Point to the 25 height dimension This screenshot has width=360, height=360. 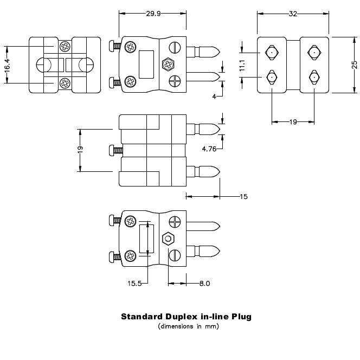[354, 64]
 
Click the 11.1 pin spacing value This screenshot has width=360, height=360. [242, 66]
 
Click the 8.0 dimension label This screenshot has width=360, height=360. [204, 283]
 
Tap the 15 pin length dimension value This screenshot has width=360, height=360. [243, 196]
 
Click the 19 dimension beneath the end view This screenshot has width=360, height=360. [293, 122]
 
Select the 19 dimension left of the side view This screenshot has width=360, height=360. [80, 150]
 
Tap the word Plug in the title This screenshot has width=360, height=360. [242, 316]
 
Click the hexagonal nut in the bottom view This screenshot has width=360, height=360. [168, 238]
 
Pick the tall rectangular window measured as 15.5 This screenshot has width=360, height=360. [144, 238]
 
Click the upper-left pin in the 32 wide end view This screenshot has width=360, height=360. [271, 53]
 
